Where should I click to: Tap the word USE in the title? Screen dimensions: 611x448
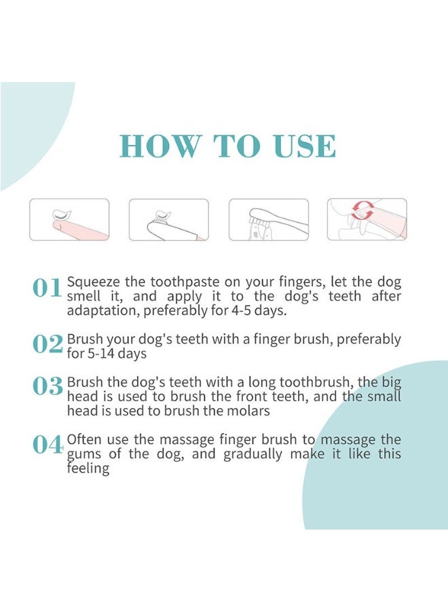[x=304, y=147]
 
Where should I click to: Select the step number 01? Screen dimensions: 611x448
[x=48, y=288]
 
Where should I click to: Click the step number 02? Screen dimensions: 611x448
[x=48, y=344]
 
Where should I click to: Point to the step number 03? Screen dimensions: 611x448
[x=48, y=386]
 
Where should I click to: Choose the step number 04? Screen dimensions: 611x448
[x=48, y=445]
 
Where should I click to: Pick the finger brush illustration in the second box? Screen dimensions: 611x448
[x=168, y=219]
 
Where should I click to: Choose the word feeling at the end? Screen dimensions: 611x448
[x=88, y=469]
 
